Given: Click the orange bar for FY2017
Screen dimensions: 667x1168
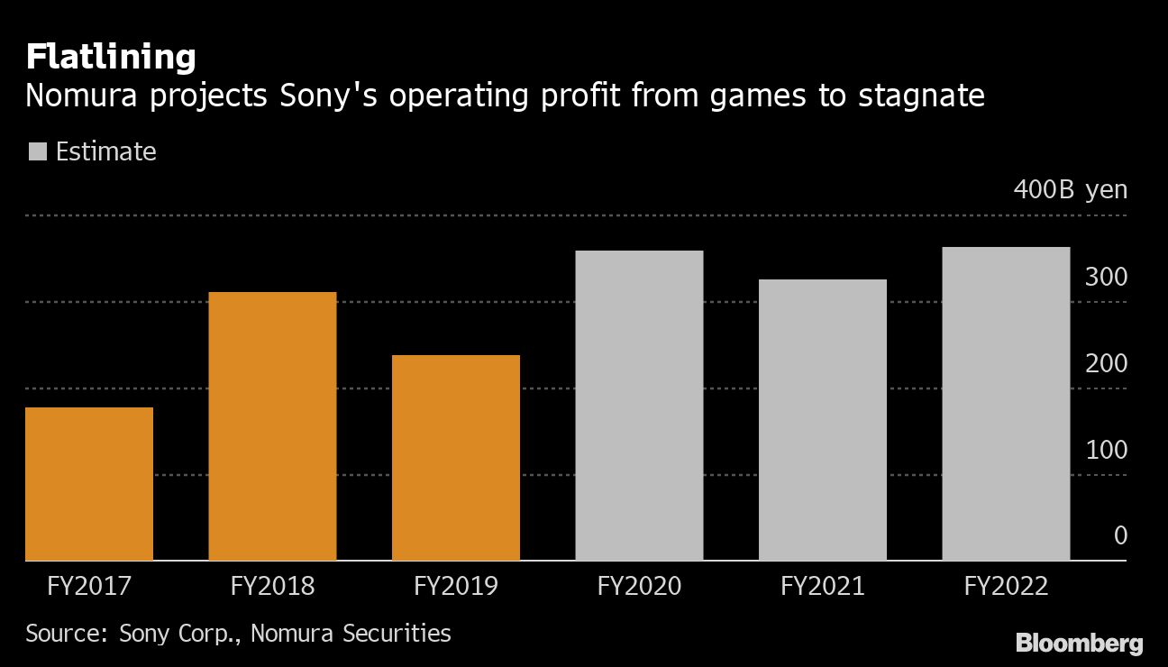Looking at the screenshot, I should [x=89, y=484].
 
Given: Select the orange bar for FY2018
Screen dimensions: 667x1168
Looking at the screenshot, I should [x=272, y=426].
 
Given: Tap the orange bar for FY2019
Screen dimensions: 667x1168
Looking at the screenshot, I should [x=456, y=458].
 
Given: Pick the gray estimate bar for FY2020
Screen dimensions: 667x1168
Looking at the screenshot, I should [x=639, y=406].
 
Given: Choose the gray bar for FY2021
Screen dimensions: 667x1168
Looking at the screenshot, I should [x=823, y=420].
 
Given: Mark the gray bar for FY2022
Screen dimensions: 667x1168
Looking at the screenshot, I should [x=1006, y=404].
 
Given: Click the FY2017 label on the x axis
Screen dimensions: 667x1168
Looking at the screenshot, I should [x=89, y=587].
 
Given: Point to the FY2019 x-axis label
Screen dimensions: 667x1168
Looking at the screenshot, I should [x=456, y=587].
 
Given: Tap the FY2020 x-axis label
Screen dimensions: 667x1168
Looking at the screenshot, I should [x=639, y=587].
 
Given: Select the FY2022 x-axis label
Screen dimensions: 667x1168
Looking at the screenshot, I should [x=1006, y=587].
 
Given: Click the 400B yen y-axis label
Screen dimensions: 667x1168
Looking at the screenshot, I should [x=1070, y=190].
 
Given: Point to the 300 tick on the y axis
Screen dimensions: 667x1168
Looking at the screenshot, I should [x=1106, y=278].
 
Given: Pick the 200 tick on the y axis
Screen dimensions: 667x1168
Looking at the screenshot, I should [x=1106, y=364].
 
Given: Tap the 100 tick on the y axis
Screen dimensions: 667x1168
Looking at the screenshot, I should [x=1106, y=450].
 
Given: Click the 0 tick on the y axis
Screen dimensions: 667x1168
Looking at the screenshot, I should [x=1120, y=536].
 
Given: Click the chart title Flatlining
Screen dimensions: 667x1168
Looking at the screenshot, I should [x=111, y=58].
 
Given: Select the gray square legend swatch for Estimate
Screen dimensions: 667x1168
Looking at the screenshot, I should [x=37, y=151].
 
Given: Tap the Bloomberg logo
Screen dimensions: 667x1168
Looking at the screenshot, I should [x=1079, y=643].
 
